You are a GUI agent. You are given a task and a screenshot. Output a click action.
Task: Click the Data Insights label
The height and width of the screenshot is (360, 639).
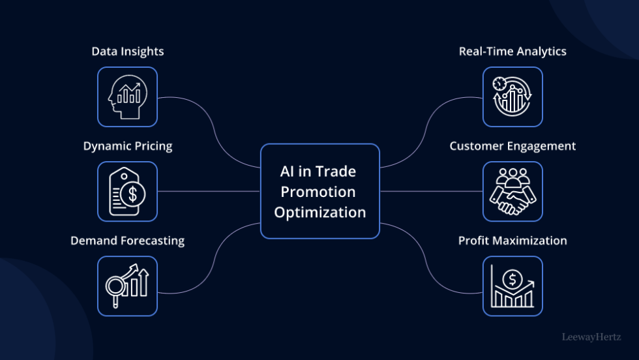[127, 52]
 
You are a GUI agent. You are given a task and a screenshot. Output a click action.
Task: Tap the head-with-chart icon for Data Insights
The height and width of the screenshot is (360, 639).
[127, 97]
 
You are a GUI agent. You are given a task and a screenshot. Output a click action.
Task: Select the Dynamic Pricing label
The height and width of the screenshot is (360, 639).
[127, 146]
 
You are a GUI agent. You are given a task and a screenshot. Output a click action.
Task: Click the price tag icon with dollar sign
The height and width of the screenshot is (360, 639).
[127, 192]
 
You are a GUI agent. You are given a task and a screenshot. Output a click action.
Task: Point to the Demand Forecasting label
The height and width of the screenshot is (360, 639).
[127, 241]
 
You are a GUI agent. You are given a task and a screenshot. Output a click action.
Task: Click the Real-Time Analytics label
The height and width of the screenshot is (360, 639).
[513, 52]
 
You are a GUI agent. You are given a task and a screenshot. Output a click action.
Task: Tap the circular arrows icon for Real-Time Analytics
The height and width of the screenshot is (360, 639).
[513, 97]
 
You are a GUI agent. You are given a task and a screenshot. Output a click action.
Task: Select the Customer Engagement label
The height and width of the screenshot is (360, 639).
[513, 146]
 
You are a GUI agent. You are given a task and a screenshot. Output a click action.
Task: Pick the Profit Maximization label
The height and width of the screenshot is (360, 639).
[513, 241]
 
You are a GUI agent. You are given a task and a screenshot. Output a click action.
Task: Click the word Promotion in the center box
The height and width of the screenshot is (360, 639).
[319, 192]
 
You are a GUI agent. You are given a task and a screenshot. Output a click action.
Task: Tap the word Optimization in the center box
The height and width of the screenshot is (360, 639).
[319, 212]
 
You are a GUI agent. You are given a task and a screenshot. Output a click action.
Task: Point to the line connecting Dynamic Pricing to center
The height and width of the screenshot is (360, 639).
[209, 192]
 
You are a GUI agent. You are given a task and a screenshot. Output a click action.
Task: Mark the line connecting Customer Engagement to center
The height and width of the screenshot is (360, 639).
[430, 192]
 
